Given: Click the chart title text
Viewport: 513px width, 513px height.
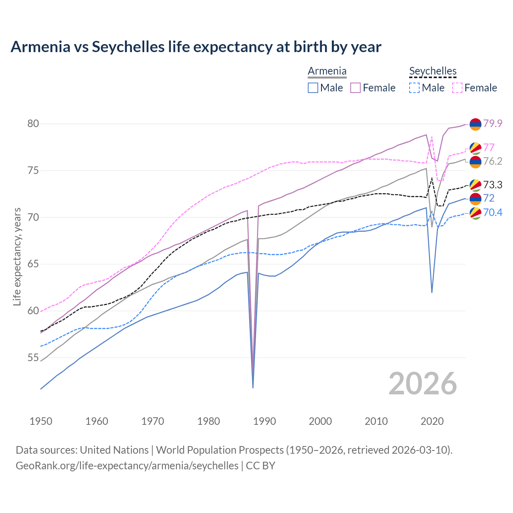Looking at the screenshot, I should coord(196,47).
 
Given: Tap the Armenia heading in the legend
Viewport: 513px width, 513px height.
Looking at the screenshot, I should coord(327,71).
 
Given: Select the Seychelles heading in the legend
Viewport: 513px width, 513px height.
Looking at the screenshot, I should coord(433,71).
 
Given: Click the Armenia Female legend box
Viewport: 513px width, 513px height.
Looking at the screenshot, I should coord(355,88).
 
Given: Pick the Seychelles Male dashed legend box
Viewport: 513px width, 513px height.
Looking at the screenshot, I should coord(414,88).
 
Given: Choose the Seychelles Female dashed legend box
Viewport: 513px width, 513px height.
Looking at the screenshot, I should coord(457,88).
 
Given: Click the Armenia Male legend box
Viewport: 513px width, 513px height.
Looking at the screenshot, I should coord(313,88).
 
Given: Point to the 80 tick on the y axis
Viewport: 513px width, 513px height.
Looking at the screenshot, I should coord(33,123).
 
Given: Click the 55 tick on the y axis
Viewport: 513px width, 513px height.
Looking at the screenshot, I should coord(33,357).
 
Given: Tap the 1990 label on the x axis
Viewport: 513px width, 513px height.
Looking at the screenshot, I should coord(265,421).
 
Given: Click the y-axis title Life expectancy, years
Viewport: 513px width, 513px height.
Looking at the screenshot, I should coord(17,256).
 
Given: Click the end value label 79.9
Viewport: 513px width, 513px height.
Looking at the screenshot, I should coord(493,123).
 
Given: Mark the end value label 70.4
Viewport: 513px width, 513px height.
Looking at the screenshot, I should coord(493,212).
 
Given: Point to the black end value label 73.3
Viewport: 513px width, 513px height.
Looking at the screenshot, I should coord(493,185).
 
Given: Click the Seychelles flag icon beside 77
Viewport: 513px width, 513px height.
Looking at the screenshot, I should coord(475,148).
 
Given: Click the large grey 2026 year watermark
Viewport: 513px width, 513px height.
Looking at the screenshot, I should coord(422,384).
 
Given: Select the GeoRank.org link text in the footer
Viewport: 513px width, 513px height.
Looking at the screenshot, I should coord(127,466).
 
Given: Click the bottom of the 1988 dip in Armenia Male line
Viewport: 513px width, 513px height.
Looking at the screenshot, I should coord(253,387).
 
